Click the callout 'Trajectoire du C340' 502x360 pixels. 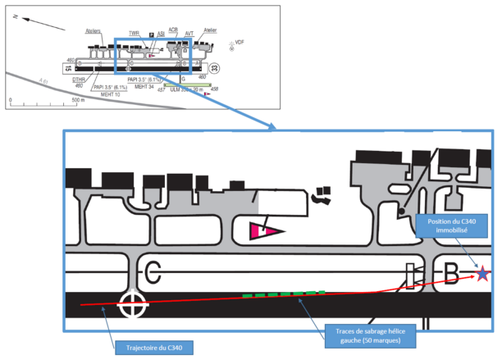tap(154, 348)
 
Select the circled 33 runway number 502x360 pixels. tap(214, 68)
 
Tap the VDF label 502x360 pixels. tap(240, 41)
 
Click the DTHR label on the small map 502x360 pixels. tap(79, 80)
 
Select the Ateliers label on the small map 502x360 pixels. tap(93, 31)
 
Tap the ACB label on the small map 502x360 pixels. tap(172, 30)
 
